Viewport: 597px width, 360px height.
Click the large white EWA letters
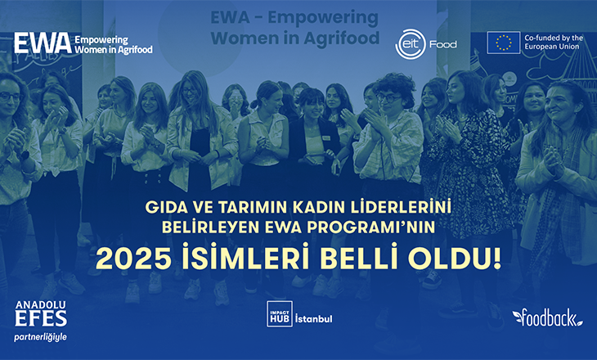click(43, 43)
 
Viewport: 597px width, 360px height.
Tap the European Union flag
click(503, 43)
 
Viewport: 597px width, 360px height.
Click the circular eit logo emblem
click(411, 44)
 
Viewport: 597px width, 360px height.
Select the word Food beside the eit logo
click(442, 44)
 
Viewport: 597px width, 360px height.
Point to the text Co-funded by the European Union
click(554, 43)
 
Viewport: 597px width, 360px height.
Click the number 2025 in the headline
click(133, 259)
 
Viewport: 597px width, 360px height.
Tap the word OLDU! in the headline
click(455, 259)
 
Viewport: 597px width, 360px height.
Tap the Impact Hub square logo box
click(280, 314)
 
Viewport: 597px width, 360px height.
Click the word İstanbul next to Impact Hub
click(314, 318)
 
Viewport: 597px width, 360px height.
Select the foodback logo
click(547, 317)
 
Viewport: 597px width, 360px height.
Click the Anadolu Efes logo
click(41, 313)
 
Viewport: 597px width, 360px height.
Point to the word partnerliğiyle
click(40, 337)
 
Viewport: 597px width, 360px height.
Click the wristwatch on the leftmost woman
click(23, 155)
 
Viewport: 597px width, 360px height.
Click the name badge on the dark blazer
click(326, 138)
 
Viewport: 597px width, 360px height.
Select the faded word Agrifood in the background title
click(342, 38)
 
